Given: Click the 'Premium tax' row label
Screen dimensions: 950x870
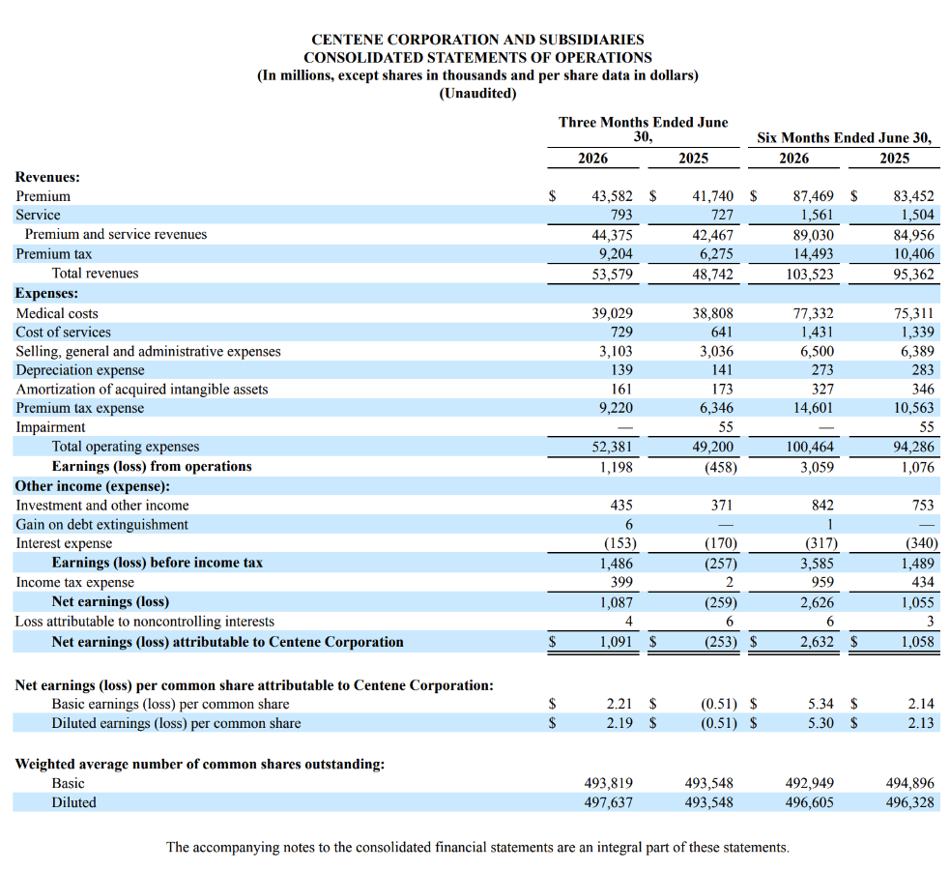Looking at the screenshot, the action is [54, 254].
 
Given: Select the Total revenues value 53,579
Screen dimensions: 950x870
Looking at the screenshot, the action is [612, 275].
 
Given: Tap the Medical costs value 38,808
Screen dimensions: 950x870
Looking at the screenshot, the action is [712, 313].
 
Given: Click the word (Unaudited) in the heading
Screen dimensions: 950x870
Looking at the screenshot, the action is [477, 94].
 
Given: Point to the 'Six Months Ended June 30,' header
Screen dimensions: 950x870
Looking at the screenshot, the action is [844, 138].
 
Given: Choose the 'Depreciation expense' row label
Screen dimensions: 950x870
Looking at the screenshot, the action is [80, 370].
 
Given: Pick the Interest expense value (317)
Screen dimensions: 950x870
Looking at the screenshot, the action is [820, 543].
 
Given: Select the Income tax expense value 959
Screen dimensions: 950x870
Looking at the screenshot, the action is [822, 582].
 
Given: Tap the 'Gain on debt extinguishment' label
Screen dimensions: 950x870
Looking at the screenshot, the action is [101, 525].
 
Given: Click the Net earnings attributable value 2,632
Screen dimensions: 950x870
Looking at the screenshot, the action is [817, 642].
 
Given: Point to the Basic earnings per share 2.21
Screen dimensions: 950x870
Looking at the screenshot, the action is [619, 704].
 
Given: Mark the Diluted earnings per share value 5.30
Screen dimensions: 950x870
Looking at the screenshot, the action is [820, 723].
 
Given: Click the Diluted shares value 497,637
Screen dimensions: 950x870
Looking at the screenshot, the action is [608, 802].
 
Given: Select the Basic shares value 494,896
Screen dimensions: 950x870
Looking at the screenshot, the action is [910, 783].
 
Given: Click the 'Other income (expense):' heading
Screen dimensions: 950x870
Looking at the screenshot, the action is [93, 486].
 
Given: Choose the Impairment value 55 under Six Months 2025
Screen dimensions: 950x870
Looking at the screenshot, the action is [927, 427].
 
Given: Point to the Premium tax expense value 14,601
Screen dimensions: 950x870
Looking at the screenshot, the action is [813, 408].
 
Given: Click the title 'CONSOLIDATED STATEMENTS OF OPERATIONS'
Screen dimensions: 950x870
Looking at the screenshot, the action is [477, 58].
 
